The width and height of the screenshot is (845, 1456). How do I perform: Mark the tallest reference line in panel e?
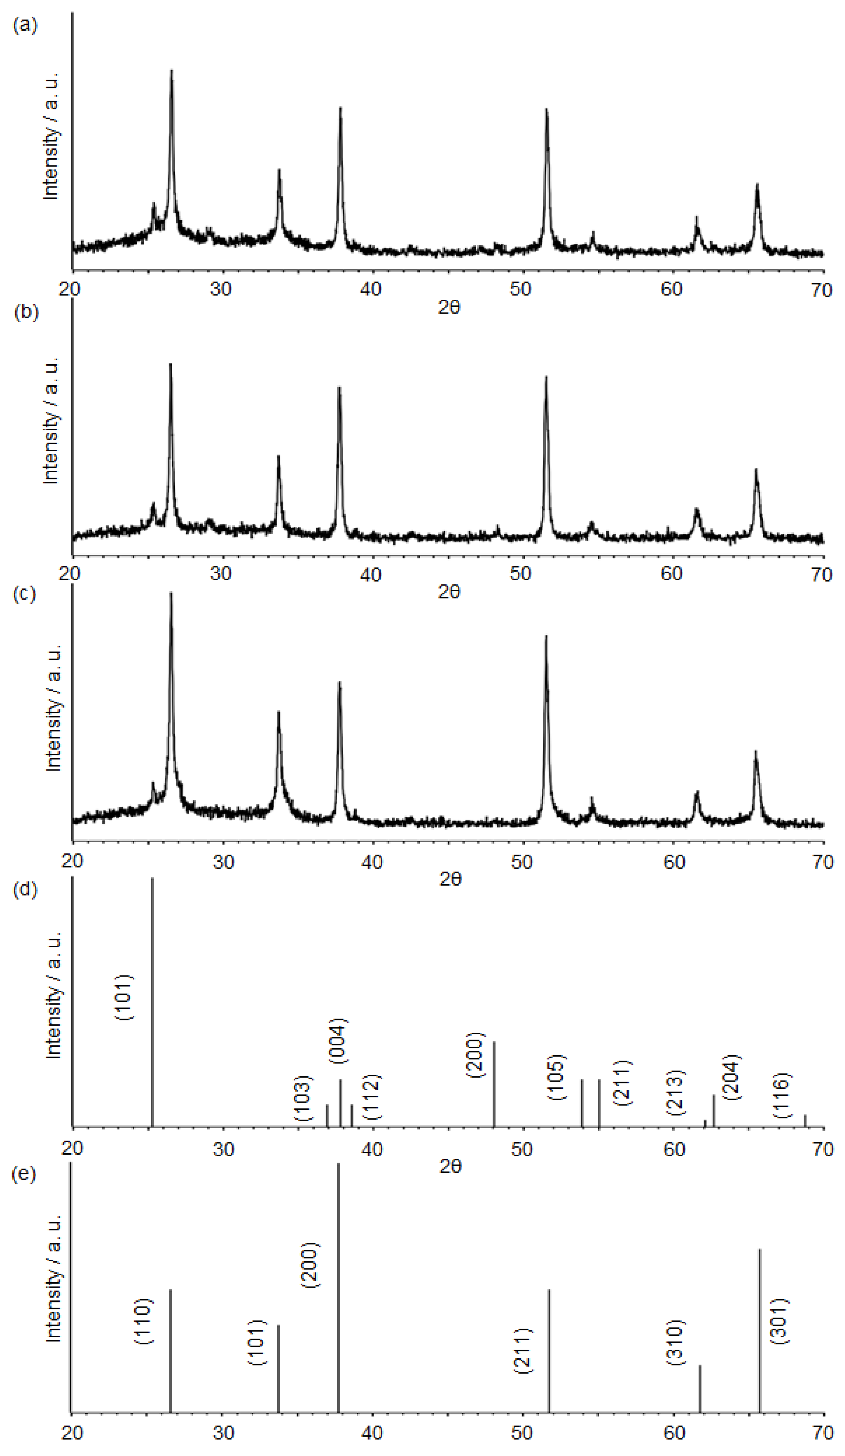coord(338,1271)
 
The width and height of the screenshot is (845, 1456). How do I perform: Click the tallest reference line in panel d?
coord(152,982)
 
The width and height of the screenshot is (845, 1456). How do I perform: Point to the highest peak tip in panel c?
coord(171,593)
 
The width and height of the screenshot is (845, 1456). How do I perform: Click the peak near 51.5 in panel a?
coord(546,110)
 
